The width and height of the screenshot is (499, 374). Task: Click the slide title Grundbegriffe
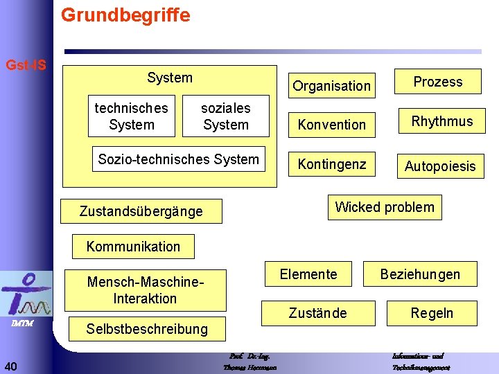click(125, 15)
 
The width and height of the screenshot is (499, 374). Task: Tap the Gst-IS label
click(26, 66)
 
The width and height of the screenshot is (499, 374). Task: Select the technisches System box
click(132, 116)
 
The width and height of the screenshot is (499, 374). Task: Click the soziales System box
click(226, 116)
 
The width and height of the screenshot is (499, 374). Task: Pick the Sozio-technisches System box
click(179, 159)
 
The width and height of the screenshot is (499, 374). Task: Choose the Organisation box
click(331, 86)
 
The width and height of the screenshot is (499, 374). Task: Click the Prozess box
click(438, 82)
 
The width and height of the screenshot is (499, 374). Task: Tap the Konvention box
click(331, 125)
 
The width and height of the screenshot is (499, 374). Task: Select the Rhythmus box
click(442, 121)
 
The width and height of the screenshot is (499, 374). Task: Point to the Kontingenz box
click(331, 164)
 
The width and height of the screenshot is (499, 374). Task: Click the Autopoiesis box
click(440, 166)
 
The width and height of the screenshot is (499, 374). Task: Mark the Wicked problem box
click(385, 207)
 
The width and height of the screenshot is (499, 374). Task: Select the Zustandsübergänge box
click(141, 211)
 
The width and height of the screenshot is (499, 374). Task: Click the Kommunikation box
click(133, 247)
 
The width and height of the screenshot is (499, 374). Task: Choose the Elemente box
click(308, 274)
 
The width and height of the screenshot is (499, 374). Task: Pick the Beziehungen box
click(420, 274)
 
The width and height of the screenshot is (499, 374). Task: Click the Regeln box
click(432, 313)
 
